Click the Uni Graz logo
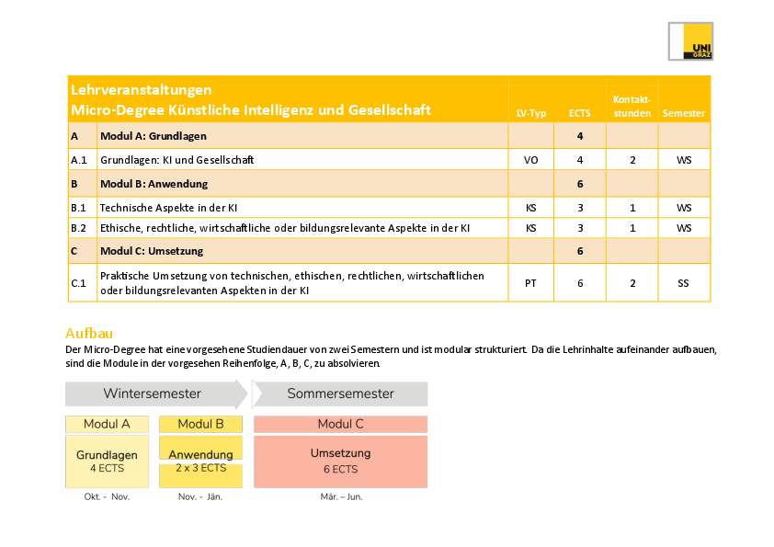click(690, 41)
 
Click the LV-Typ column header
click(531, 114)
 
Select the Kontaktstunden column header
click(632, 107)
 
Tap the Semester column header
click(684, 114)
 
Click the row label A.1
click(79, 160)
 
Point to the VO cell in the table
click(531, 160)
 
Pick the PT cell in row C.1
click(531, 283)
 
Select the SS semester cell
click(683, 283)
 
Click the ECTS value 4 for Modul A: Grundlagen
click(580, 136)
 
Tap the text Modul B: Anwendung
click(154, 184)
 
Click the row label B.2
click(79, 227)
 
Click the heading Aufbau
click(88, 333)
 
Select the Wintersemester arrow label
click(152, 393)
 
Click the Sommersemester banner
click(340, 393)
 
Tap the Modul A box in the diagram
click(107, 424)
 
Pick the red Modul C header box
click(340, 424)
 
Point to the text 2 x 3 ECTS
click(200, 468)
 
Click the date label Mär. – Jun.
click(340, 496)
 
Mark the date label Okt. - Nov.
click(107, 496)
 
